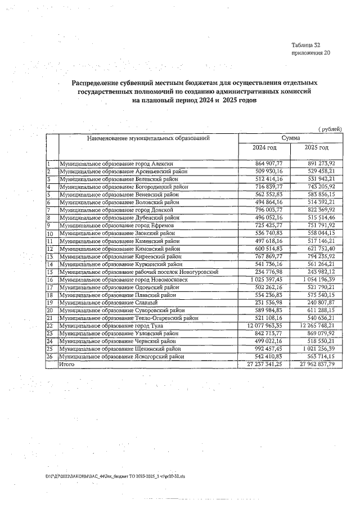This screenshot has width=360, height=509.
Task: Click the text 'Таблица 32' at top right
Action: click(306, 44)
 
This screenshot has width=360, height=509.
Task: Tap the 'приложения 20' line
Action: click(310, 53)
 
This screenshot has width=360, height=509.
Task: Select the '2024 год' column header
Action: click(264, 147)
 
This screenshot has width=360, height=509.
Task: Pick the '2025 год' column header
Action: click(316, 147)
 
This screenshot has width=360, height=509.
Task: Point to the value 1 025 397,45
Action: click(264, 279)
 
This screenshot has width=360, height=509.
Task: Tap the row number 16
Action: click(49, 279)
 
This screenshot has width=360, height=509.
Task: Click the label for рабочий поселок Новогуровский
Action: click(138, 271)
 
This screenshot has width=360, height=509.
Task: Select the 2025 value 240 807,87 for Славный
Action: click(319, 302)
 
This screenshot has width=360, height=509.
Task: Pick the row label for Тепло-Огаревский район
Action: click(129, 318)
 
